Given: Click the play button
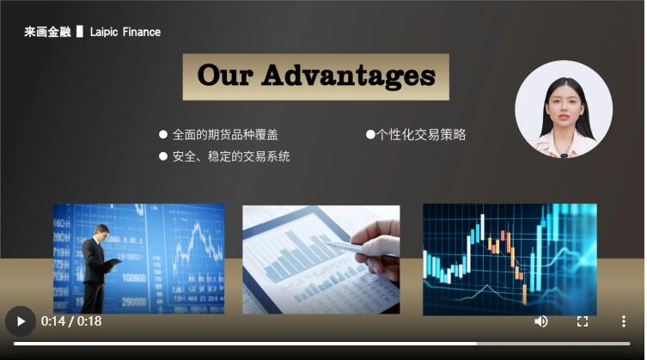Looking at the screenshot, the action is pyautogui.click(x=21, y=321).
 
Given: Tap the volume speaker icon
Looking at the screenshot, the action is pyautogui.click(x=541, y=321).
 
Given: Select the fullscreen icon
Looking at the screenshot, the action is pyautogui.click(x=583, y=321).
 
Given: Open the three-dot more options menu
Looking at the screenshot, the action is pyautogui.click(x=624, y=321).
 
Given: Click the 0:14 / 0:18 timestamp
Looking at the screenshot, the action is pyautogui.click(x=71, y=321).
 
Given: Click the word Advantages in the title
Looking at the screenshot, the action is pyautogui.click(x=349, y=76).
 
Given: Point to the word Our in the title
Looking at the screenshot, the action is pyautogui.click(x=225, y=75).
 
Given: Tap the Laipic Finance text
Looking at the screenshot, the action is pyautogui.click(x=125, y=32).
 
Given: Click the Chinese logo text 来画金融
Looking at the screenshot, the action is pyautogui.click(x=47, y=32).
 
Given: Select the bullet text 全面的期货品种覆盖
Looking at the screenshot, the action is pyautogui.click(x=225, y=135).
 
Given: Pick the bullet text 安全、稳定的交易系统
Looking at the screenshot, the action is pyautogui.click(x=231, y=156).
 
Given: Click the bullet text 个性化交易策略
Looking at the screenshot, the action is pyautogui.click(x=421, y=135).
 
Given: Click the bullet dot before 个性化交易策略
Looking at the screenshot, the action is pyautogui.click(x=370, y=134).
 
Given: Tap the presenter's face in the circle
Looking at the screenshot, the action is pyautogui.click(x=565, y=108).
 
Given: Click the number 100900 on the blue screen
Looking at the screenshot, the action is pyautogui.click(x=134, y=278).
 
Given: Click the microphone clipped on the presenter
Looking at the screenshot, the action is pyautogui.click(x=564, y=156).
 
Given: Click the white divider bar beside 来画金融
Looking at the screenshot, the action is pyautogui.click(x=80, y=32).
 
